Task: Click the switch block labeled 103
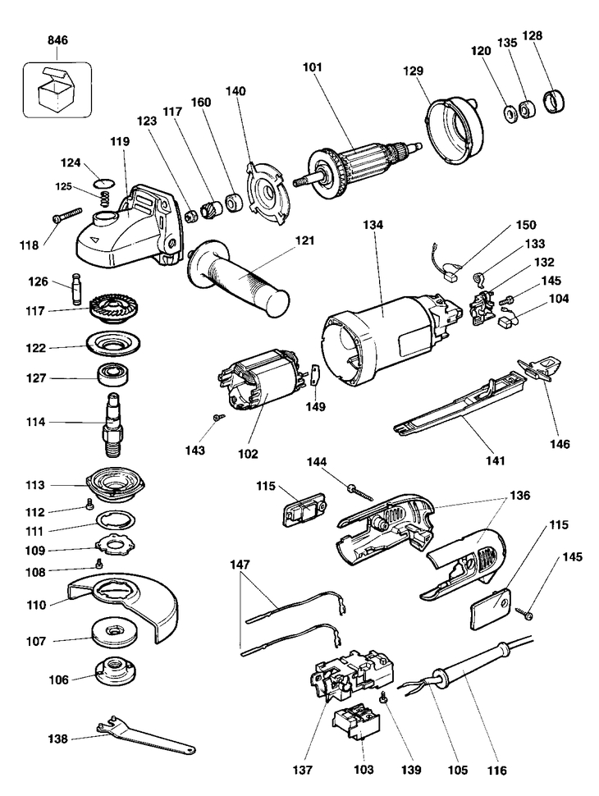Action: point(358,726)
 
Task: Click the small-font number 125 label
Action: point(66,185)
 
